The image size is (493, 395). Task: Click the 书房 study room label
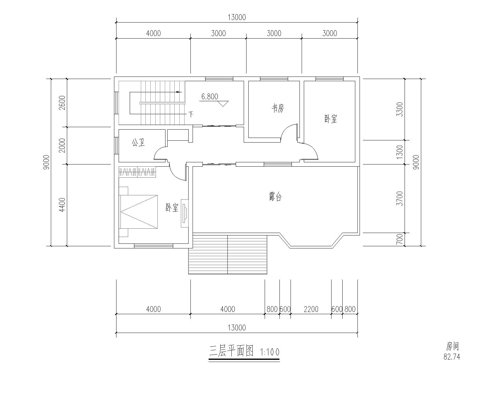(x=278, y=108)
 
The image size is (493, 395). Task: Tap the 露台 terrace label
(x=275, y=197)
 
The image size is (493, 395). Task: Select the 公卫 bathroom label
(x=138, y=143)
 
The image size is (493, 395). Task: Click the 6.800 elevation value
(x=210, y=97)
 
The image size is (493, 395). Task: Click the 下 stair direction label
(x=191, y=114)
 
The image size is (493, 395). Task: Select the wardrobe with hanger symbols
(x=137, y=172)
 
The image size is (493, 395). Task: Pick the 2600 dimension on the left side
(x=62, y=102)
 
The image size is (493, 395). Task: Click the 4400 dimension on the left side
(x=62, y=205)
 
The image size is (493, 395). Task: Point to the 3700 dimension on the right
(x=400, y=198)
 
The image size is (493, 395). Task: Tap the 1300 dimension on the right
(x=400, y=152)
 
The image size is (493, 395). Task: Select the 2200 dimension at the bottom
(x=311, y=310)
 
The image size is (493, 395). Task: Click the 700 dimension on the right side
(x=400, y=239)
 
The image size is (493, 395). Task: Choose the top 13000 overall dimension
(x=237, y=18)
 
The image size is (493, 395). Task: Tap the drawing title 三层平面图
(x=231, y=351)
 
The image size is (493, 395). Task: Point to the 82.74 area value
(x=452, y=357)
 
